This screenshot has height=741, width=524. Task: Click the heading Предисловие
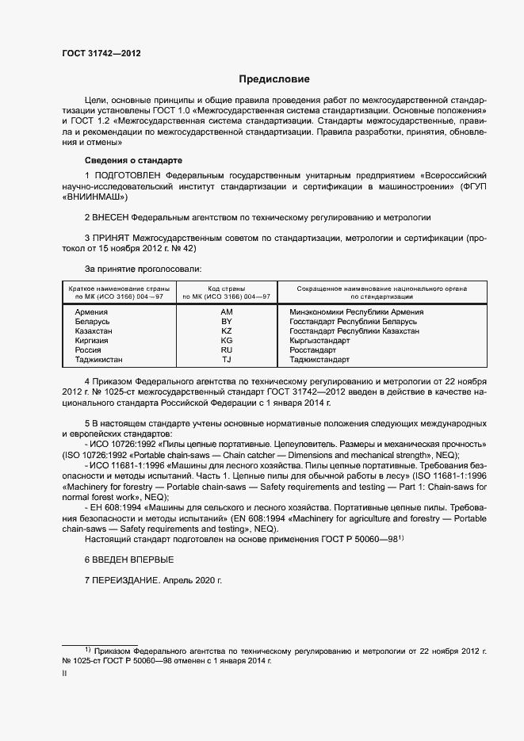click(x=274, y=79)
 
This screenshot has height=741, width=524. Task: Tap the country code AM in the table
click(x=226, y=312)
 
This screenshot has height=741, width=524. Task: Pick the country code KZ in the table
click(x=226, y=330)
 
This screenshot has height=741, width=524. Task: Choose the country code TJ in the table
click(x=226, y=359)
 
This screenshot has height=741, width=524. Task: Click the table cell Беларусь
click(x=92, y=322)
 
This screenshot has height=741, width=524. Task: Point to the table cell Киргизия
click(x=91, y=340)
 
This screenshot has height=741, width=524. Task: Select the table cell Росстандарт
click(x=313, y=349)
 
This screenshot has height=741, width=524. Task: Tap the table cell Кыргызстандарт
click(x=319, y=340)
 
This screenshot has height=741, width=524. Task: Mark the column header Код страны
click(x=226, y=288)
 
